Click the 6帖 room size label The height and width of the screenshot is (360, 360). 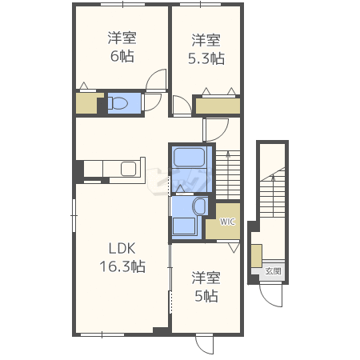(x=122, y=56)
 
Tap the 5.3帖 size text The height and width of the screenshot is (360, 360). (x=206, y=58)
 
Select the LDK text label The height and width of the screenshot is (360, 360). (x=122, y=248)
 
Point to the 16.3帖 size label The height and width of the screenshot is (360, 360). (x=122, y=266)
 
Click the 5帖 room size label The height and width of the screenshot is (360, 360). (x=206, y=296)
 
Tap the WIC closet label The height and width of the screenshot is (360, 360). (x=227, y=222)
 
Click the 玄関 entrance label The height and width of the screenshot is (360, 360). (x=273, y=271)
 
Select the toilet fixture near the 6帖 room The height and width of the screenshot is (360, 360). (x=118, y=103)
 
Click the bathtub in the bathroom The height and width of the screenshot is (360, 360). (x=189, y=158)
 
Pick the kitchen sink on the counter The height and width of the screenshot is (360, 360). (x=129, y=169)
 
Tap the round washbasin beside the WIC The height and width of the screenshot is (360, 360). (x=199, y=206)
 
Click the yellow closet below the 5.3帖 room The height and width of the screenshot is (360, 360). (x=218, y=106)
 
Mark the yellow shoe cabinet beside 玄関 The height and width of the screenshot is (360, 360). (x=257, y=255)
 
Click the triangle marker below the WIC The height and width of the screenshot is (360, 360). (x=234, y=248)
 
